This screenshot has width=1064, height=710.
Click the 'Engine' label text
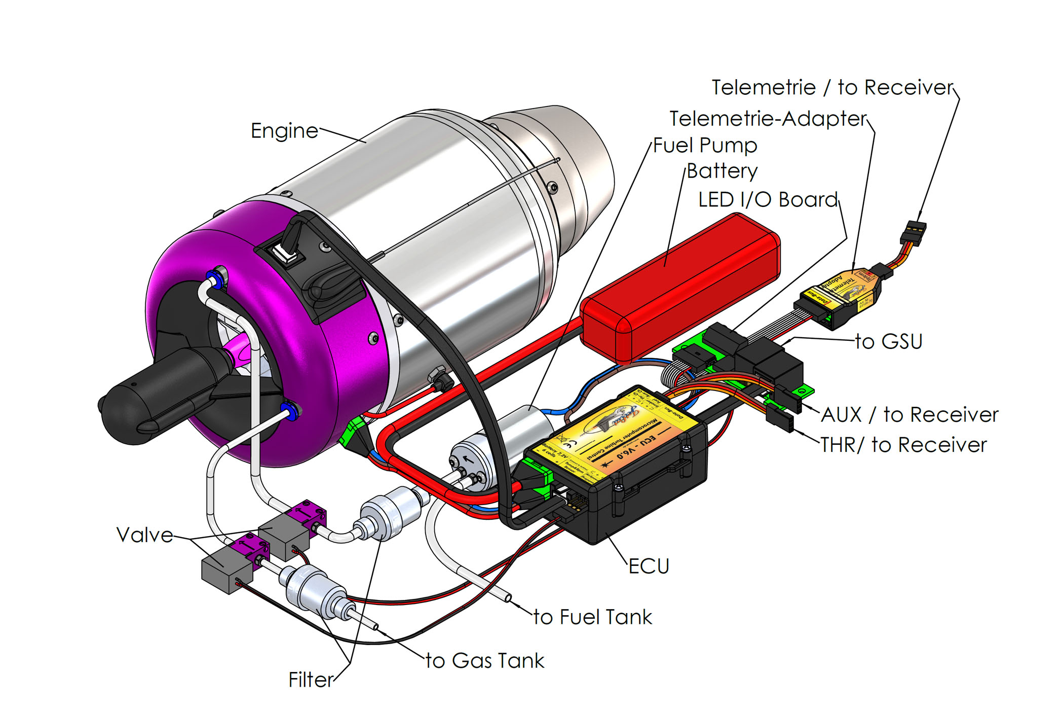coord(284,131)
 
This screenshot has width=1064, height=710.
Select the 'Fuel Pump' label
coord(705,146)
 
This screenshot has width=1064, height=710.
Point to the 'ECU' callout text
coord(649,566)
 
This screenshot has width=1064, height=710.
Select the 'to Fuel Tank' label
coord(593,617)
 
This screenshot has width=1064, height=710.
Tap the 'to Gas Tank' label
coord(485,661)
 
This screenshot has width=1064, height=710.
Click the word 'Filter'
coord(311,680)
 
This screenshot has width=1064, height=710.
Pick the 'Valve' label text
coord(145,535)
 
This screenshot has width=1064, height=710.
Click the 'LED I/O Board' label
coord(768,200)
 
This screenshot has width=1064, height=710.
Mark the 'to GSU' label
coord(889,341)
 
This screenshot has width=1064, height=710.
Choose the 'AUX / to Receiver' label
coord(909,415)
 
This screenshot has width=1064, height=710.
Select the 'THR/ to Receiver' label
coord(903,445)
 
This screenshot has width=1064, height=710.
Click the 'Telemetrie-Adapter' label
coord(768,119)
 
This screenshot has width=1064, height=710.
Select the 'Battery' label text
coord(722,171)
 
